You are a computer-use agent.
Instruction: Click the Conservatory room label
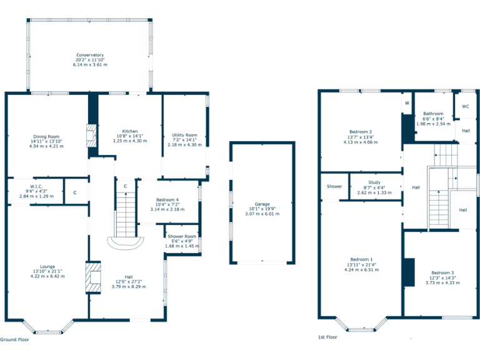click(x=90, y=55)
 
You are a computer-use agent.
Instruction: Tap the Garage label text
click(x=262, y=204)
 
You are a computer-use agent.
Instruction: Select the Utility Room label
click(x=184, y=135)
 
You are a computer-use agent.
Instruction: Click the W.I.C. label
click(x=36, y=186)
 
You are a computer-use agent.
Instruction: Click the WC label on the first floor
click(x=465, y=106)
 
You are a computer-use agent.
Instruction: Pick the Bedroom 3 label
click(x=442, y=272)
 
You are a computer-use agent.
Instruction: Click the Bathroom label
click(x=433, y=114)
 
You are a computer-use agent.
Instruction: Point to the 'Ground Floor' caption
click(x=14, y=339)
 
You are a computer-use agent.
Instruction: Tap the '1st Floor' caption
click(x=327, y=337)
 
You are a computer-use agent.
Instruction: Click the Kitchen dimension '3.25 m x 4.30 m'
click(x=130, y=141)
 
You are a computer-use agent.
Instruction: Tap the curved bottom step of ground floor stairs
click(x=126, y=243)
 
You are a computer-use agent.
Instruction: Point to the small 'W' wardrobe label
click(x=407, y=103)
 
